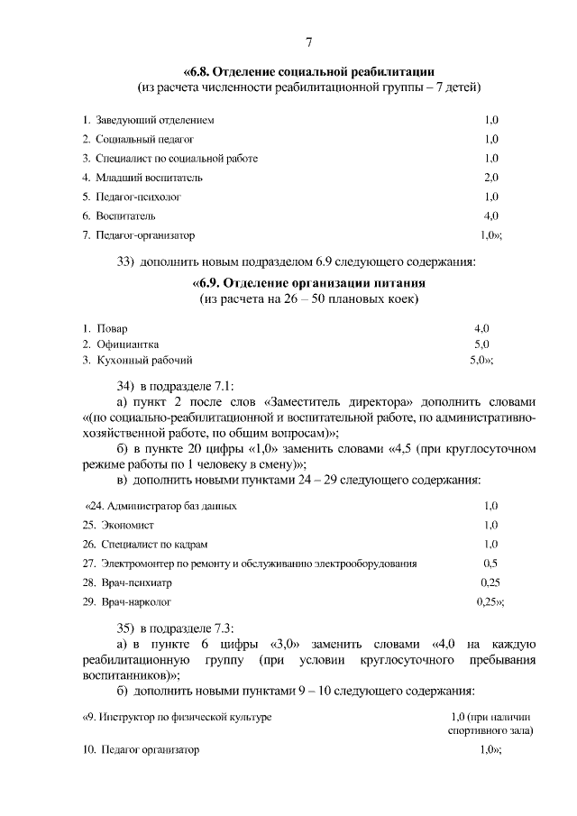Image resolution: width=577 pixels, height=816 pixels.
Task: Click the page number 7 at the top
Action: click(x=308, y=42)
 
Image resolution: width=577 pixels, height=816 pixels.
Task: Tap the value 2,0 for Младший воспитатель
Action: click(x=491, y=178)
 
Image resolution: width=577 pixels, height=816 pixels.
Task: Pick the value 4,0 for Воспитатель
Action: click(x=491, y=216)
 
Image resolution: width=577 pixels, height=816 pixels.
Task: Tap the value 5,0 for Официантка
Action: click(x=481, y=344)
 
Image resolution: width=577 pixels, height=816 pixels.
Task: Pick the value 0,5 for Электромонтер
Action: click(x=491, y=563)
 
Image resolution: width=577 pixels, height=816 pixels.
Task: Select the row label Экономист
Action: click(x=124, y=525)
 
